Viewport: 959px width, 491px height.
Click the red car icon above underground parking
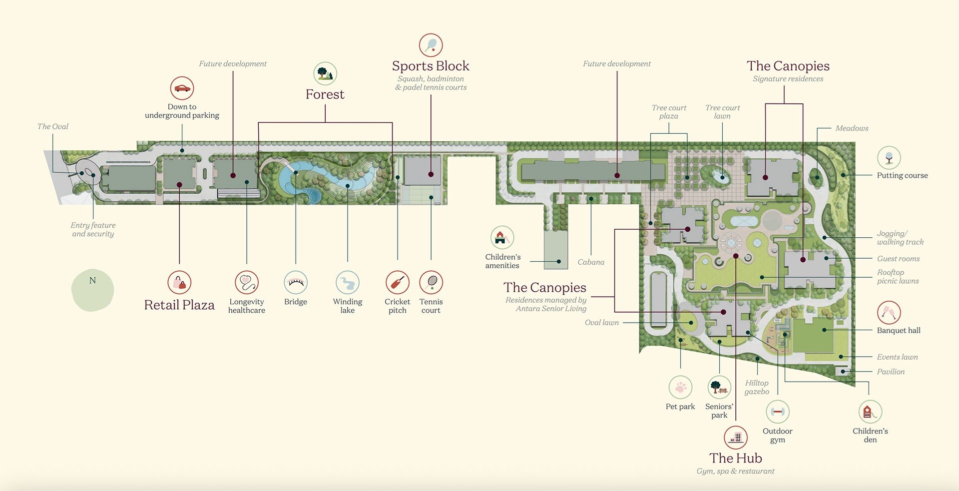pos(182,88)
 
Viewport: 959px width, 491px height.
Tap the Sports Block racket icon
pos(431,45)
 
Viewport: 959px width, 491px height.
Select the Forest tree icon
pos(325,74)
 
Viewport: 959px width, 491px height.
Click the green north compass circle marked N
pos(92,290)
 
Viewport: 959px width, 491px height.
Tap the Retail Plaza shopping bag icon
pos(179,283)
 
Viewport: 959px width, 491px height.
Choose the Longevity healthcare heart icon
pos(247,283)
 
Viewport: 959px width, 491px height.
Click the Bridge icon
pos(296,283)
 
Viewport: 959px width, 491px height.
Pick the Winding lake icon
pos(348,283)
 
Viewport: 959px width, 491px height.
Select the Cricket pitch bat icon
pos(398,283)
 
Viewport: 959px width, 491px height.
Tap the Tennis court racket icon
pos(431,283)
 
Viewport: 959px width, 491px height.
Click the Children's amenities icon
pos(502,238)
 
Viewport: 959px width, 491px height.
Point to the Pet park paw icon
pos(680,388)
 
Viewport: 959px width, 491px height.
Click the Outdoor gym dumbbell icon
pos(777,412)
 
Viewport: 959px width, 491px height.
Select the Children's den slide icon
pos(870,412)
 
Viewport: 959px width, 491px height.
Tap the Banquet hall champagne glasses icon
pos(889,313)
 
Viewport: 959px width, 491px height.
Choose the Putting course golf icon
pos(889,158)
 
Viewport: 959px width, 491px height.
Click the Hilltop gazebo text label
pos(757,387)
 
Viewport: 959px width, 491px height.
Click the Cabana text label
pos(591,262)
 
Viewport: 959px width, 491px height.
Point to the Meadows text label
pos(852,128)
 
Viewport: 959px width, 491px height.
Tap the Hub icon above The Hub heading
pos(736,438)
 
